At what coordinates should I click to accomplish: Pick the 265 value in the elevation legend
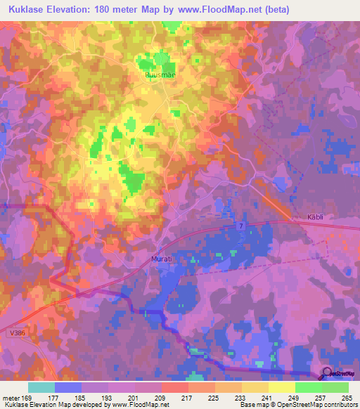point(345,397)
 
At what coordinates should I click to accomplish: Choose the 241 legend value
point(267,397)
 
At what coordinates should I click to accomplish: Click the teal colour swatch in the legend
point(41,387)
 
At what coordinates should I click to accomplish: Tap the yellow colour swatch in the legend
point(281,387)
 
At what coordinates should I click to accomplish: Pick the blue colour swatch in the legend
point(67,387)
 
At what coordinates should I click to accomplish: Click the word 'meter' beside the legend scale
point(10,397)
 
